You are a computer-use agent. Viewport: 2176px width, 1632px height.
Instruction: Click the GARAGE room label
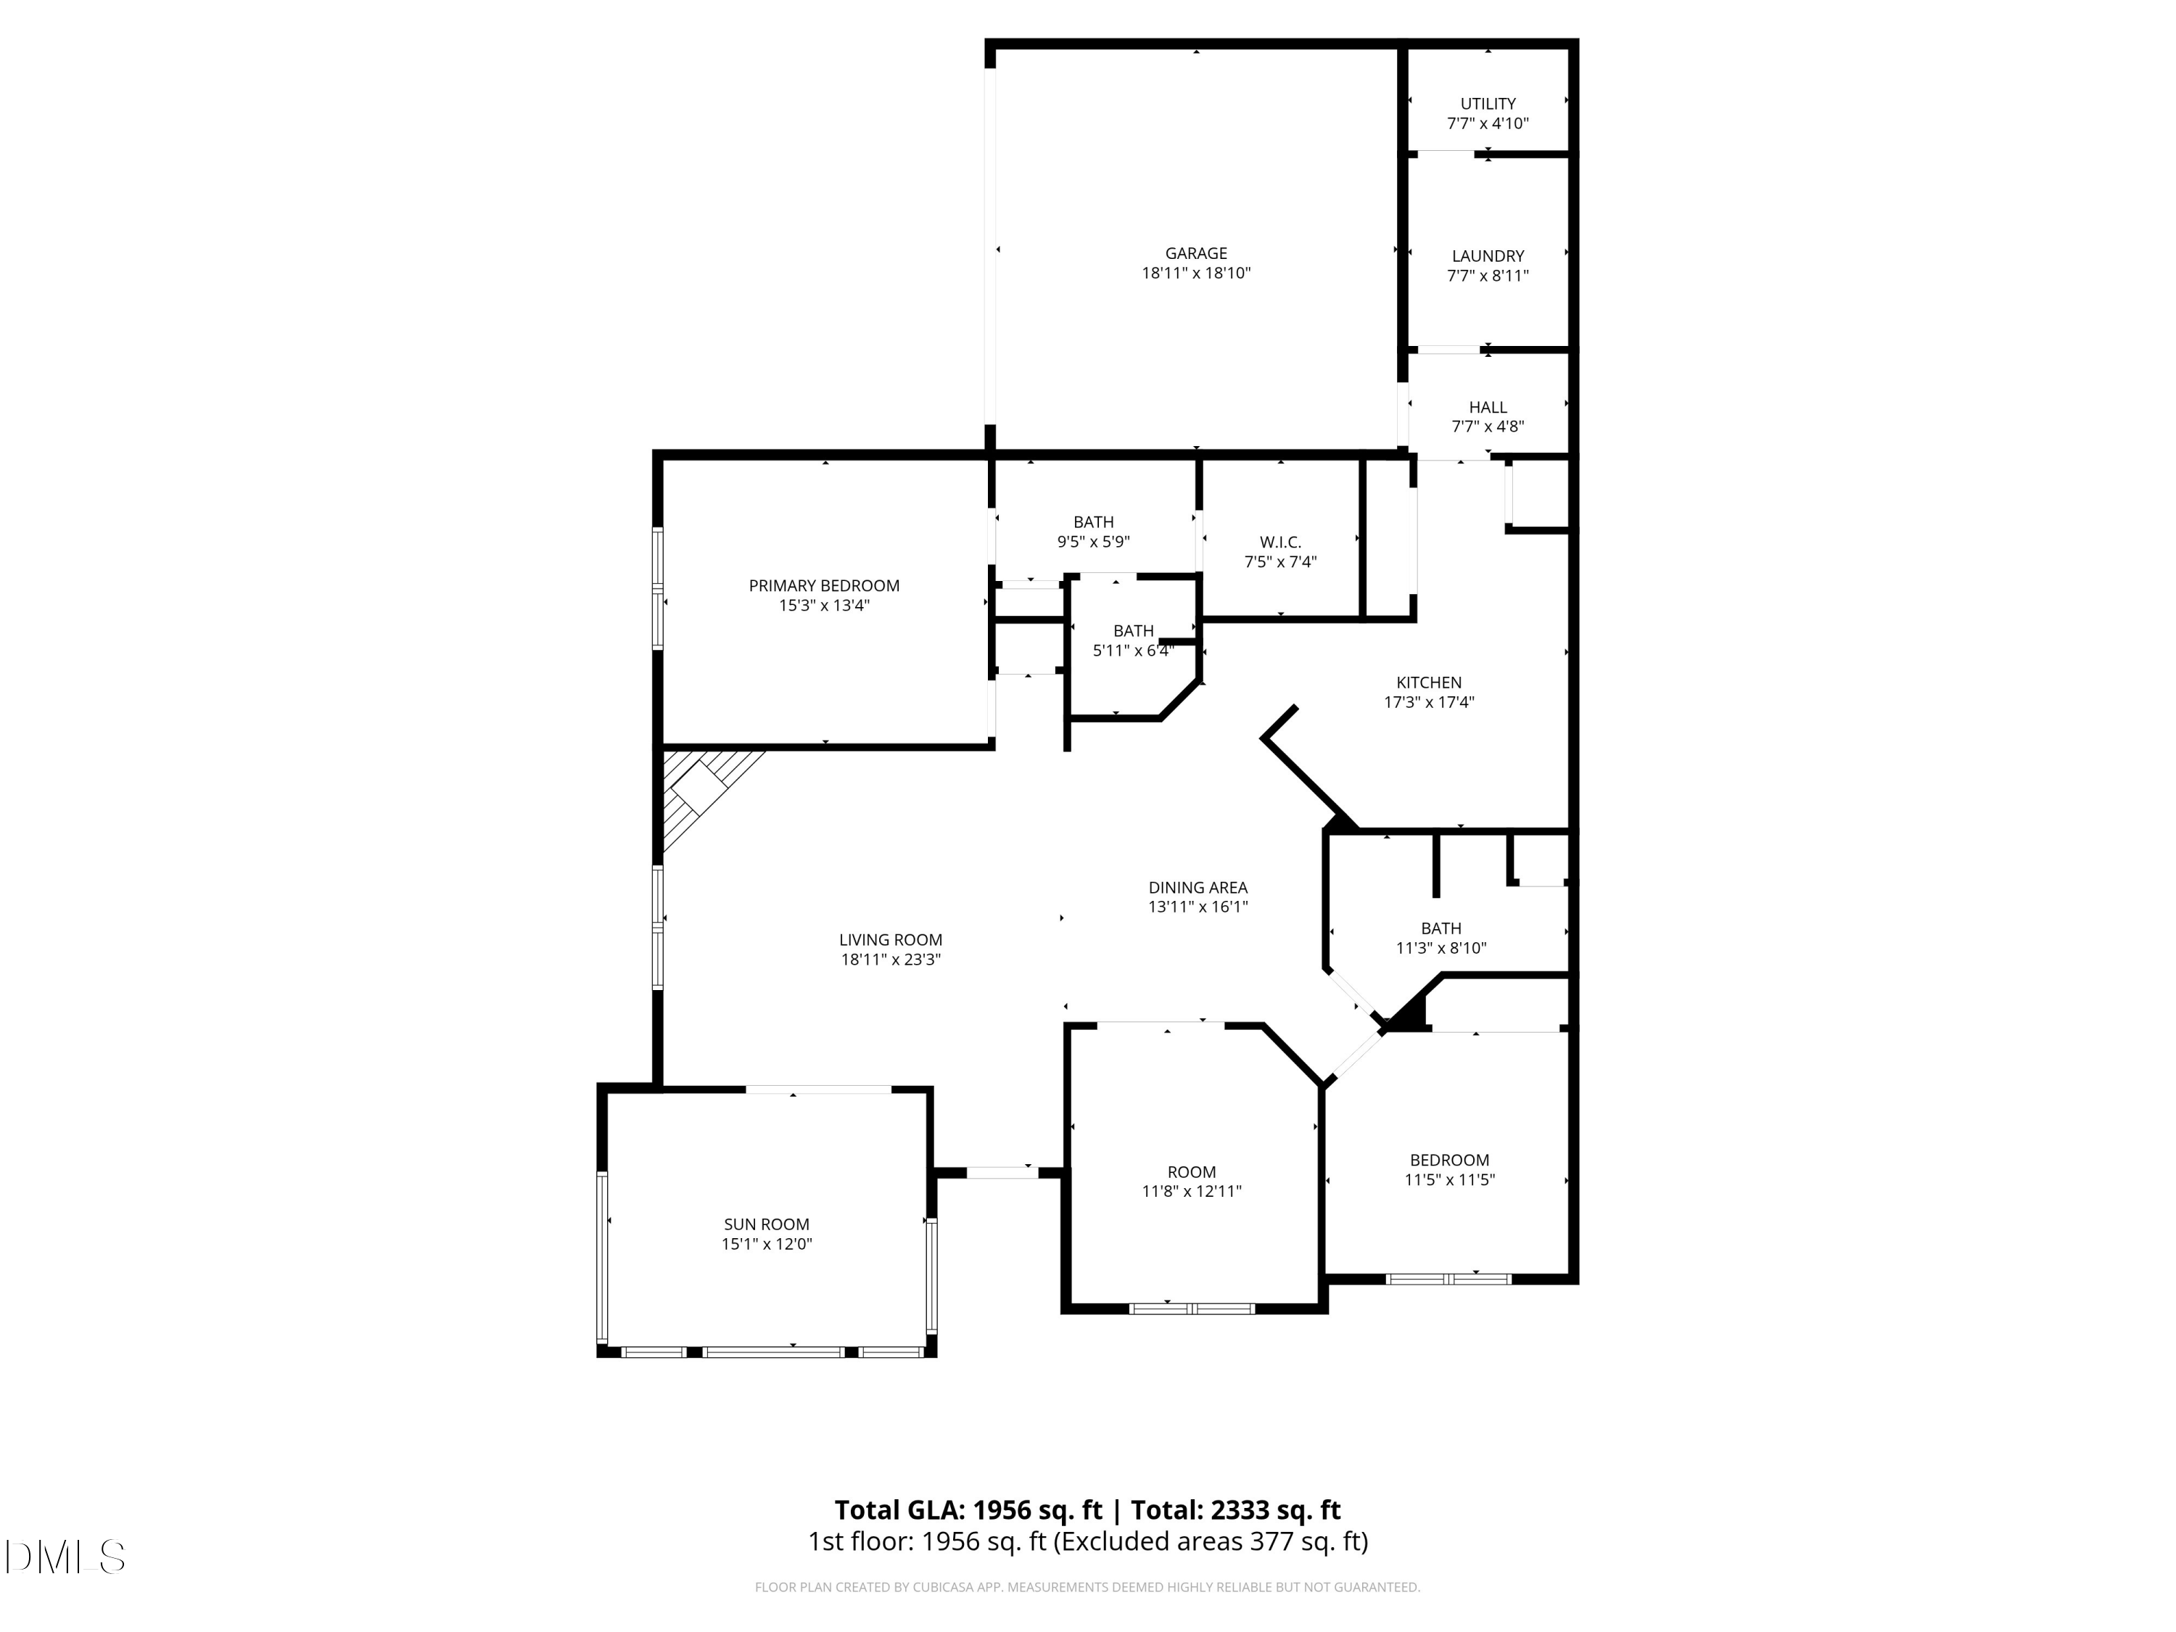point(1195,254)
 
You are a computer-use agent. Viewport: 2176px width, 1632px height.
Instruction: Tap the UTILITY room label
point(1488,103)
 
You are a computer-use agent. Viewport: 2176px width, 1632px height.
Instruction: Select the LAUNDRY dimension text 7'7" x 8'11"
point(1488,276)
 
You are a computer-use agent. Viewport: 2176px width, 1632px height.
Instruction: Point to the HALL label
point(1488,407)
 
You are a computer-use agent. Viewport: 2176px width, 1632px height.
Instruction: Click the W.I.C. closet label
point(1279,542)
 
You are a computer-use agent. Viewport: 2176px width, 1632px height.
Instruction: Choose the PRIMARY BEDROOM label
point(825,586)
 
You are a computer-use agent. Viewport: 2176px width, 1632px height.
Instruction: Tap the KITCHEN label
point(1428,683)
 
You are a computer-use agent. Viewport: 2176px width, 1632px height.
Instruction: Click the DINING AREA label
point(1198,887)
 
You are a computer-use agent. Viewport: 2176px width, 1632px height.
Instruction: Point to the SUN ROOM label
point(767,1225)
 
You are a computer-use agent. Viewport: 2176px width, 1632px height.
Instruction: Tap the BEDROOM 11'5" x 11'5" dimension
point(1449,1180)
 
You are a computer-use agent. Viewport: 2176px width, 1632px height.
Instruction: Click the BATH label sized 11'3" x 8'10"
point(1441,928)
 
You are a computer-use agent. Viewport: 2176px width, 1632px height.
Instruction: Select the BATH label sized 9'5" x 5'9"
point(1093,522)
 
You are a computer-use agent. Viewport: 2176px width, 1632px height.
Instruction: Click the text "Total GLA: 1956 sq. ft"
point(968,1510)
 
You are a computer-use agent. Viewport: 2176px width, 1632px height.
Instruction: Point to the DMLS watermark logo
point(65,1557)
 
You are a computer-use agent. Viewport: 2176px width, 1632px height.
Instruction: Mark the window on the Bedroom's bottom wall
point(1447,1279)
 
